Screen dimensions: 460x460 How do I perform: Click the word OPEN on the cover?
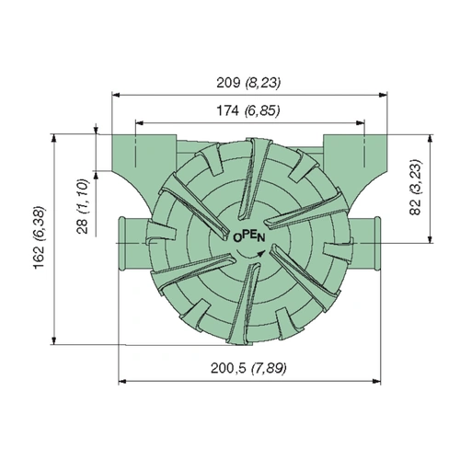[249, 236]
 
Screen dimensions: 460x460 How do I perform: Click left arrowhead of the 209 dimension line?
[116, 92]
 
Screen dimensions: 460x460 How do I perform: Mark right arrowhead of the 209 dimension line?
[381, 92]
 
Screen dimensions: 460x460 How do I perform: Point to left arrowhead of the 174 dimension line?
[138, 121]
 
